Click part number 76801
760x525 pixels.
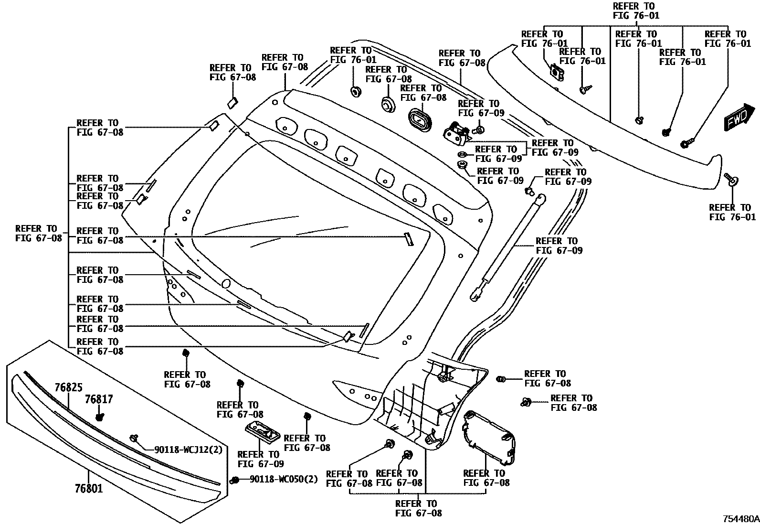coord(89,489)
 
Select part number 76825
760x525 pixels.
coord(68,387)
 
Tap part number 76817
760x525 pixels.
coord(99,399)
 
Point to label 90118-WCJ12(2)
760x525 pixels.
coord(188,450)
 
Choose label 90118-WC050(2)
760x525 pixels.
coord(284,479)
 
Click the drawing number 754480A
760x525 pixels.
coord(740,518)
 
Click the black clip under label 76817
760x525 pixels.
coord(100,417)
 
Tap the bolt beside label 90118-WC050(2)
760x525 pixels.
coord(234,480)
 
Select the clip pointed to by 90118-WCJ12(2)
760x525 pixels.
coord(134,438)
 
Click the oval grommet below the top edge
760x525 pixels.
coord(420,119)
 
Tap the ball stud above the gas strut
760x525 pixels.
coord(529,192)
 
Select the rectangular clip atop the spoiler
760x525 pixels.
coord(557,72)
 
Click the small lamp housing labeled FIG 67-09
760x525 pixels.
coord(263,431)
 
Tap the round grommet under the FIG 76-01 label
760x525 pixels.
coord(355,91)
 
